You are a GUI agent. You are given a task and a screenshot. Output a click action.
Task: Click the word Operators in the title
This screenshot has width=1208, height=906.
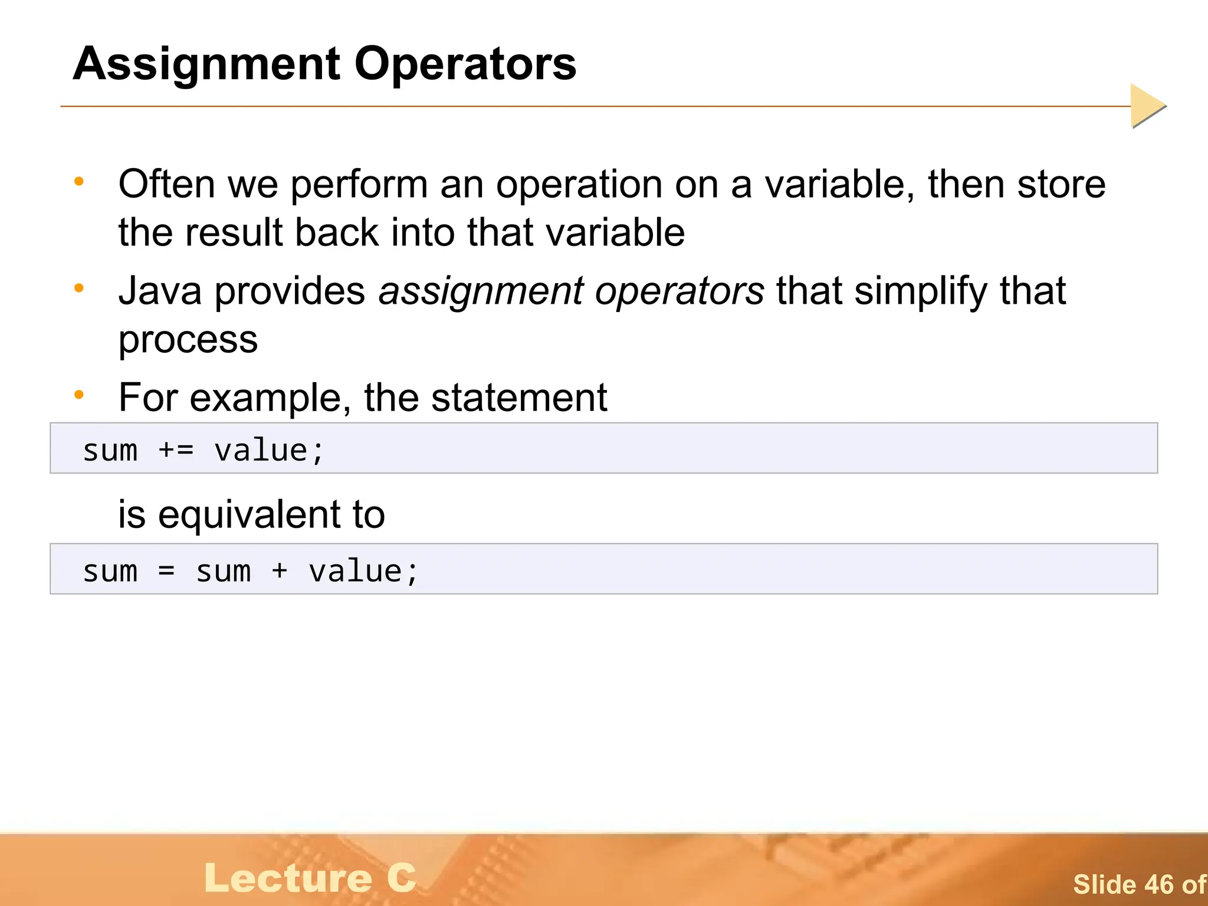(465, 64)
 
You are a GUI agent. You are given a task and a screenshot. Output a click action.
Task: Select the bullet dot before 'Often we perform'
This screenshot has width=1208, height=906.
(79, 182)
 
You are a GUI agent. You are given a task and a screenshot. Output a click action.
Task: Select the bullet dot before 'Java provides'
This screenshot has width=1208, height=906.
(79, 288)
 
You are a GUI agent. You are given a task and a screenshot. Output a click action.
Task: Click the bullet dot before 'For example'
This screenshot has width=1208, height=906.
(79, 395)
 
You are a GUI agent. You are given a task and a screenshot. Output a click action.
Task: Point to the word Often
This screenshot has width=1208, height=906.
(166, 184)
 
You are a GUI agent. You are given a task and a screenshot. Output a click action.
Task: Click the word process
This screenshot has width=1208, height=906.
(188, 340)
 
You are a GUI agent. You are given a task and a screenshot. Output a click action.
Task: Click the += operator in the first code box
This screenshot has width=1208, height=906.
(176, 451)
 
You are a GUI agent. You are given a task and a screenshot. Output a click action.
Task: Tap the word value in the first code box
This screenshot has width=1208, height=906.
(261, 451)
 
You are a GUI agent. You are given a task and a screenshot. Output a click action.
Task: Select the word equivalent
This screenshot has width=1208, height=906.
(250, 515)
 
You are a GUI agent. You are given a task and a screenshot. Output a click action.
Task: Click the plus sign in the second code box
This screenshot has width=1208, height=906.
(280, 571)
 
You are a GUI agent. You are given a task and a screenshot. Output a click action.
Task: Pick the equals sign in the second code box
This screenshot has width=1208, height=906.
(167, 571)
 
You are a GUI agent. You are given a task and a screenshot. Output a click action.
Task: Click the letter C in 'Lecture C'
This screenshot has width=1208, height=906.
(402, 878)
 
